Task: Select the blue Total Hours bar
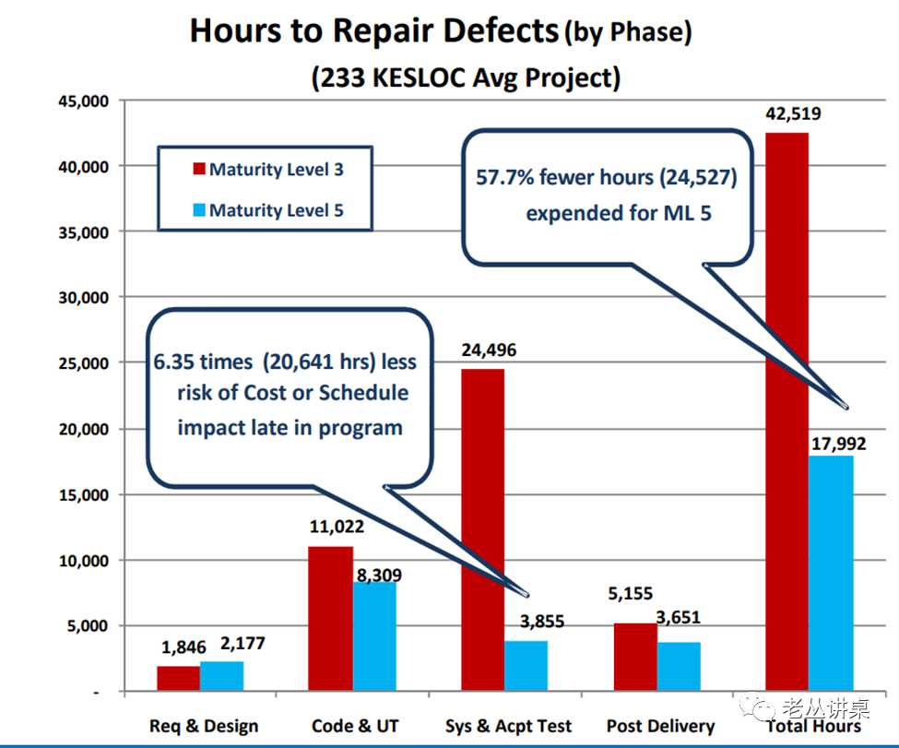coord(832,573)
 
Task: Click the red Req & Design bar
coord(178,678)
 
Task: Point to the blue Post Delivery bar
coord(679,666)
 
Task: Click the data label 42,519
coord(793,114)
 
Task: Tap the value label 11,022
coord(336,528)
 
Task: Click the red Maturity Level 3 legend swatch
coord(198,170)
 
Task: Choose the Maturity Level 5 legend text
coord(276,210)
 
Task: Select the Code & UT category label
coord(355,726)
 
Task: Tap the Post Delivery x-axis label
coord(661,726)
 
